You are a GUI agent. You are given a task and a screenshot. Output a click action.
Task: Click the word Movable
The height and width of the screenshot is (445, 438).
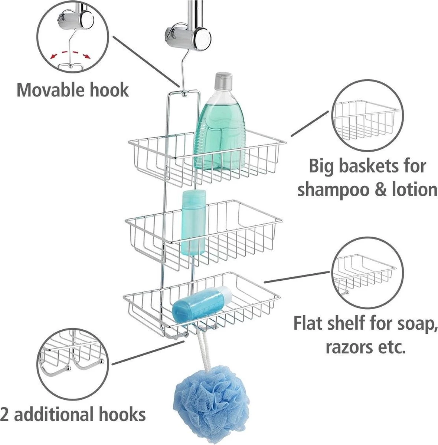(x=49, y=90)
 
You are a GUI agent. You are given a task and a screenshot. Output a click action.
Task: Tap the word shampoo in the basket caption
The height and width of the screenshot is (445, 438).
(x=334, y=189)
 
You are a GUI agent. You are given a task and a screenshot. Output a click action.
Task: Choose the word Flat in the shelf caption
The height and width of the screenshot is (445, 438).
(x=310, y=323)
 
